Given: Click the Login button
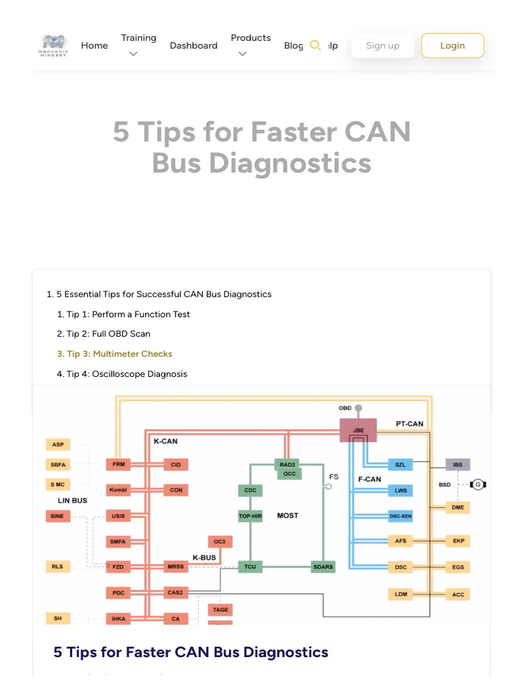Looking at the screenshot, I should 452,46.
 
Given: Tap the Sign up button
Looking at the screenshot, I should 382,46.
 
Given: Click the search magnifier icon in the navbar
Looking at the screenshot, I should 315,46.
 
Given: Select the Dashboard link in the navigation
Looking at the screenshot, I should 193,46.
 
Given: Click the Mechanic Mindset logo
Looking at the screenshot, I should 54,45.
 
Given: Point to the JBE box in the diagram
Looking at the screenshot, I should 358,430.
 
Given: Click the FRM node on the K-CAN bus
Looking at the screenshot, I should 118,465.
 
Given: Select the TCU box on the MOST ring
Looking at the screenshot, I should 250,566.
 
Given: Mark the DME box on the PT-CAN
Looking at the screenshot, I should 458,507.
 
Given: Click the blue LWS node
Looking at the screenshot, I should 400,490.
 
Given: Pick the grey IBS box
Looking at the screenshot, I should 458,465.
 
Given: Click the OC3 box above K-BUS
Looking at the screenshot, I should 219,541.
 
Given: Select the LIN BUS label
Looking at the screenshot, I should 72,500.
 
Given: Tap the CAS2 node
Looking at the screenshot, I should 176,593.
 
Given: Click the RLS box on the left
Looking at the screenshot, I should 57,566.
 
